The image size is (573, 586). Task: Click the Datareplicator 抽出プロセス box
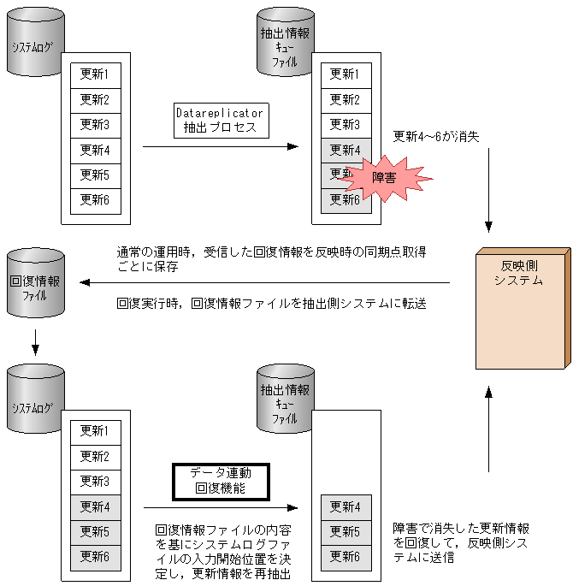click(220, 121)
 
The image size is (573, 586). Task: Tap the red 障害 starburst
click(382, 178)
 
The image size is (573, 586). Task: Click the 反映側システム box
click(521, 306)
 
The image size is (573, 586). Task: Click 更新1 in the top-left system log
click(96, 74)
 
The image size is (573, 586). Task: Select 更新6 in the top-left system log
click(96, 200)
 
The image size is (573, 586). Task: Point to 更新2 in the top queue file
click(346, 99)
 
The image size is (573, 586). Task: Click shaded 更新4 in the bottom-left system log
click(96, 506)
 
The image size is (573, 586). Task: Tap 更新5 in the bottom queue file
click(346, 532)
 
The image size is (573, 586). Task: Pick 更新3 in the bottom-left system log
click(96, 481)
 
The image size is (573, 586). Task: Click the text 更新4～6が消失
click(436, 137)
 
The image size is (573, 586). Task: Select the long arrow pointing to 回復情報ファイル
click(265, 282)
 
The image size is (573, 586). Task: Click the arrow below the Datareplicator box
click(220, 146)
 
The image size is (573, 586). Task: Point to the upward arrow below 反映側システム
click(488, 428)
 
